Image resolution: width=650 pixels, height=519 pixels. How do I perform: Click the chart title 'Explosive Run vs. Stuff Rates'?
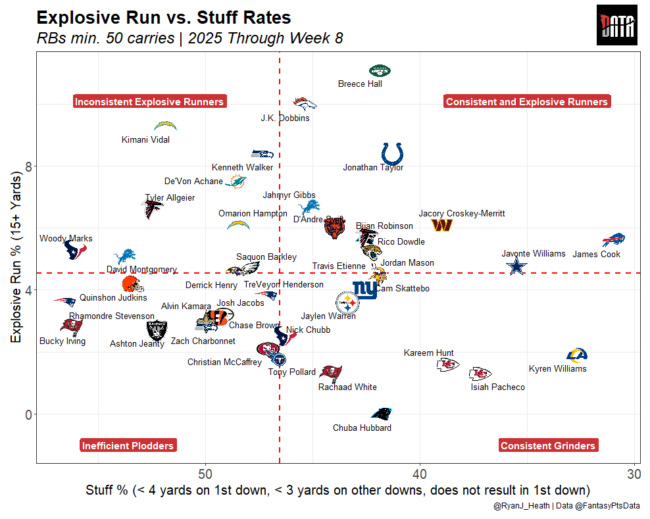[x=164, y=18]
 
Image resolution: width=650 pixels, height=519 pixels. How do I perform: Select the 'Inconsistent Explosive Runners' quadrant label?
[x=149, y=101]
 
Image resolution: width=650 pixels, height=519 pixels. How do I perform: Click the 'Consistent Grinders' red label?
[x=547, y=445]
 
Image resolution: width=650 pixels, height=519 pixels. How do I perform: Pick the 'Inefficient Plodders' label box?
[x=128, y=445]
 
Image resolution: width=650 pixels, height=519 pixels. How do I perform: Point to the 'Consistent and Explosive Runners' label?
[x=526, y=101]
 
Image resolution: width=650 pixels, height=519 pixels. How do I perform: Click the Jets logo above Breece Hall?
[x=380, y=71]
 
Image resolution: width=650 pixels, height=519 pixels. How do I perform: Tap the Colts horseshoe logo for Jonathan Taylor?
[x=393, y=154]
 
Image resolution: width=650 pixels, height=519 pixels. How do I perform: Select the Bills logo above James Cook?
[x=613, y=240]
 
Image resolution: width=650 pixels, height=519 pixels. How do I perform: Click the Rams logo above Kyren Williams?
[x=576, y=355]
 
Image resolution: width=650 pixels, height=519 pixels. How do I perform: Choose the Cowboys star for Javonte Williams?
[x=517, y=266]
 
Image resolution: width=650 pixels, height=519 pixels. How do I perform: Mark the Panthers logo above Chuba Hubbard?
[x=382, y=413]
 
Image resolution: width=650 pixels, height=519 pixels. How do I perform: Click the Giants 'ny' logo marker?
[x=364, y=289]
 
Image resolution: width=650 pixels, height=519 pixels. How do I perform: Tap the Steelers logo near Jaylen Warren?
[x=348, y=303]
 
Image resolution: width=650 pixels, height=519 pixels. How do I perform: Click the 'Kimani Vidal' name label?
[x=145, y=140]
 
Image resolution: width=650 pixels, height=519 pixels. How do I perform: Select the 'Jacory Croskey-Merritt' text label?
[x=462, y=214]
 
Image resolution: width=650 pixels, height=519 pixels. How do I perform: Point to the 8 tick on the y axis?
[x=29, y=166]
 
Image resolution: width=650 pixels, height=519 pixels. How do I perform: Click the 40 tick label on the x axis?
[x=420, y=474]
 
